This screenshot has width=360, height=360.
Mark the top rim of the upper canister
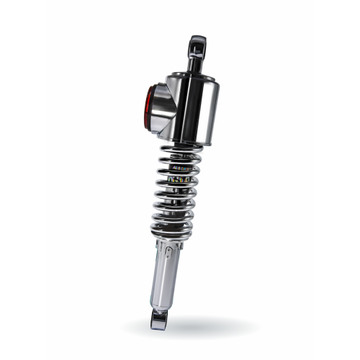pos(191,77)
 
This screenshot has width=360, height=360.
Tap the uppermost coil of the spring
pos(180,149)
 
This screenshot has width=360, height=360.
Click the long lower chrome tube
pos(166,281)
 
